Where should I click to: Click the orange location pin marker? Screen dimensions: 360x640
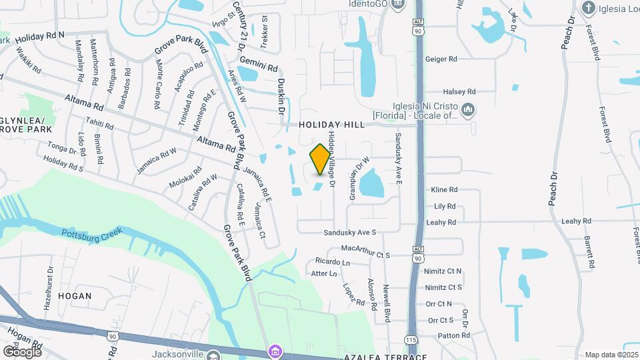tap(320, 159)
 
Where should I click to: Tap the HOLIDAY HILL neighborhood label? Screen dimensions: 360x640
tap(331, 125)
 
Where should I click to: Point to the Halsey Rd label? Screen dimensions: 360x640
tap(459, 91)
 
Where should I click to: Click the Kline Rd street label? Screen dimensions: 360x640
tap(444, 190)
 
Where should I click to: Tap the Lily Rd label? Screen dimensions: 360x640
tap(445, 207)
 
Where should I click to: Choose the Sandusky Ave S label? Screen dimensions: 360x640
tap(350, 233)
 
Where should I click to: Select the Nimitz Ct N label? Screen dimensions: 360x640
tap(443, 271)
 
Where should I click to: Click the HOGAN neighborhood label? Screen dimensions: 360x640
tap(74, 295)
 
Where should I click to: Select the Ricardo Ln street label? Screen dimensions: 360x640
tap(333, 261)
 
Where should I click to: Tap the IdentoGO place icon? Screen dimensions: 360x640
tap(399, 5)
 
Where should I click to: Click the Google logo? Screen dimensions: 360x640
tap(21, 351)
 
